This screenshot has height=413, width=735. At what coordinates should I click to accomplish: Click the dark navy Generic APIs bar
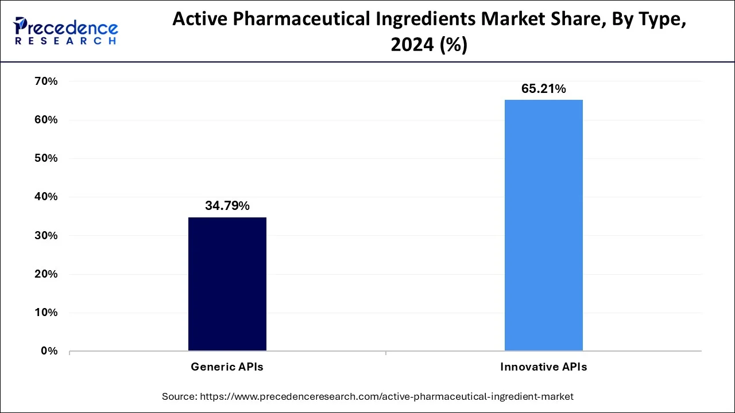pyautogui.click(x=227, y=284)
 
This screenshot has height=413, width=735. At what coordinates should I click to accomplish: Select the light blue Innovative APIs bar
pyautogui.click(x=543, y=225)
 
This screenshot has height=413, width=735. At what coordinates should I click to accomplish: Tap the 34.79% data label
pyautogui.click(x=227, y=206)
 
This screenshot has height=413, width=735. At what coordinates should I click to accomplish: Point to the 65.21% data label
pyautogui.click(x=543, y=89)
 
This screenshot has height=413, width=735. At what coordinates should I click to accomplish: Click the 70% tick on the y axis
pyautogui.click(x=46, y=81)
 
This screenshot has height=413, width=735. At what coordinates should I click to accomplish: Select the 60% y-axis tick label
pyautogui.click(x=46, y=120)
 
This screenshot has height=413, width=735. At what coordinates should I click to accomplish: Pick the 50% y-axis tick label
pyautogui.click(x=46, y=158)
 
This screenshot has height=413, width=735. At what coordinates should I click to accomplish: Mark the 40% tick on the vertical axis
pyautogui.click(x=46, y=197)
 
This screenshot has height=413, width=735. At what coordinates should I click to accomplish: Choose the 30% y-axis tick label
pyautogui.click(x=46, y=236)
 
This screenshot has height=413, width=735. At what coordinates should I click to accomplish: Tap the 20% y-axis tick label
pyautogui.click(x=46, y=274)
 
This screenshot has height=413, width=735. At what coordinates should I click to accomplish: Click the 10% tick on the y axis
pyautogui.click(x=46, y=313)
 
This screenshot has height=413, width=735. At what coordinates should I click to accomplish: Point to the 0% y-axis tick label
pyautogui.click(x=49, y=351)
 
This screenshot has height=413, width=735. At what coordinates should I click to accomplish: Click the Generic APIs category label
pyautogui.click(x=227, y=367)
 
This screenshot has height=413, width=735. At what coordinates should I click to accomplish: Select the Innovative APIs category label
pyautogui.click(x=543, y=367)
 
